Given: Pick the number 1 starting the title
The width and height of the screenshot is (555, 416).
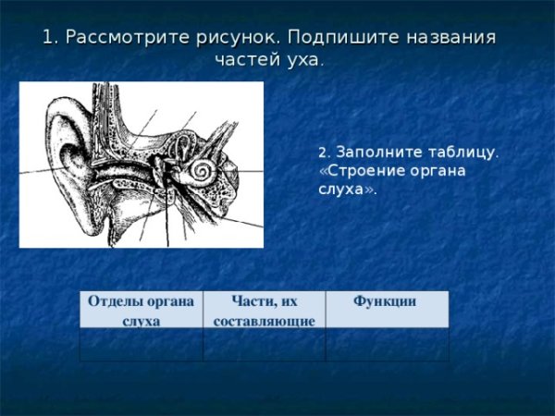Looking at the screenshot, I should tap(48, 38).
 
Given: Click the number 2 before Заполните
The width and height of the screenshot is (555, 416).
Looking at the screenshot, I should tap(322, 153).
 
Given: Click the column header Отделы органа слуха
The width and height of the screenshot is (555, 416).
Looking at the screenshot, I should tap(140, 311).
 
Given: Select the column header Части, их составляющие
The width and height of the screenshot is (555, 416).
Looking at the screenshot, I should tap(264, 311).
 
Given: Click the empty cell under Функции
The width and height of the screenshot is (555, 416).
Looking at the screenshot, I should tap(387, 344).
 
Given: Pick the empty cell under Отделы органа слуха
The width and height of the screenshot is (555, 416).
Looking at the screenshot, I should tap(141, 344).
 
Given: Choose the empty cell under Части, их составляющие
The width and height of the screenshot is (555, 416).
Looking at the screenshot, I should tap(264, 344).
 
